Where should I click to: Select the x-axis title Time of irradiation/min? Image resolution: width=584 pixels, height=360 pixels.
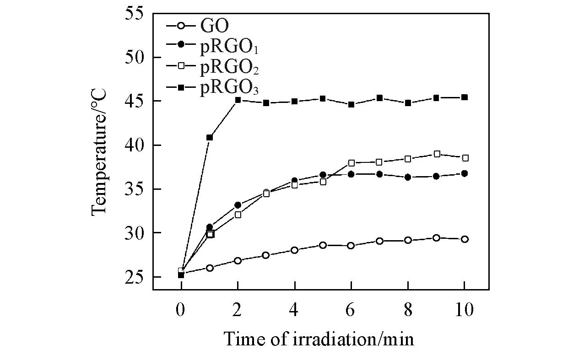319,339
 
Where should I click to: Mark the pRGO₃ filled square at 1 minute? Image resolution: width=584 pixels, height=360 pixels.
210,137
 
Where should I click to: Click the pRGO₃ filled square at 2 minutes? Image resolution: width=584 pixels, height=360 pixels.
238,100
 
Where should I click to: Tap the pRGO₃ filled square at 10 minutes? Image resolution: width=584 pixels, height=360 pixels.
465,97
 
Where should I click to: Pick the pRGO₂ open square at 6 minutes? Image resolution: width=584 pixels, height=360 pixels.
351,163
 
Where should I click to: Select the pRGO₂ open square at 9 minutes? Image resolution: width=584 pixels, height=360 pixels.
437,154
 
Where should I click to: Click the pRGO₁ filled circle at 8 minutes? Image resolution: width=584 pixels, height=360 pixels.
408,177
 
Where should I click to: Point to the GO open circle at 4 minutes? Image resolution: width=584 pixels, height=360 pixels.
294,250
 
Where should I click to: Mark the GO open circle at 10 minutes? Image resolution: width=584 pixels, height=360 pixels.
465,239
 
